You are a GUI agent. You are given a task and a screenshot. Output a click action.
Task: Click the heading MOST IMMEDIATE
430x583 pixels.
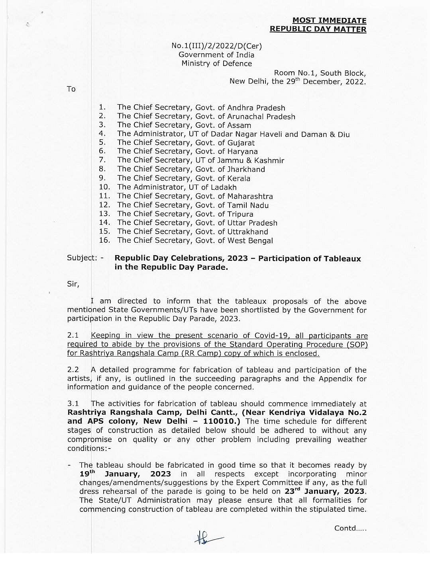click(x=329, y=20)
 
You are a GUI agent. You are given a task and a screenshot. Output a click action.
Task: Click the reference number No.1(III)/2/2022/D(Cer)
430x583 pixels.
click(x=216, y=46)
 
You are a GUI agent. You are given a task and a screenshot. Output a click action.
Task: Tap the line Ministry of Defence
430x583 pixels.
click(x=216, y=64)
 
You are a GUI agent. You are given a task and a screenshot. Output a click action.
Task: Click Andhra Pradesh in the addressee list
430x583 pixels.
click(x=256, y=108)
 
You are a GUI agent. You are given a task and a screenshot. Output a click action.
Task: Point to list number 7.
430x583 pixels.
click(x=102, y=160)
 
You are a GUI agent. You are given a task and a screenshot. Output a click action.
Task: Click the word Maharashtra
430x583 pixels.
click(x=250, y=196)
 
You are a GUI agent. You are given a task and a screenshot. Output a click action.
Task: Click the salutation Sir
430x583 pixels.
click(x=73, y=284)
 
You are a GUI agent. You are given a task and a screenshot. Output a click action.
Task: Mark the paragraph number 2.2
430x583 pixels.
click(x=73, y=370)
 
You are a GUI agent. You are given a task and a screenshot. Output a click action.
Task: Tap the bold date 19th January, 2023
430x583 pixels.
click(x=125, y=474)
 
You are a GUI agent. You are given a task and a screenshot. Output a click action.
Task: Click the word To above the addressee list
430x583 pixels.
click(x=71, y=89)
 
